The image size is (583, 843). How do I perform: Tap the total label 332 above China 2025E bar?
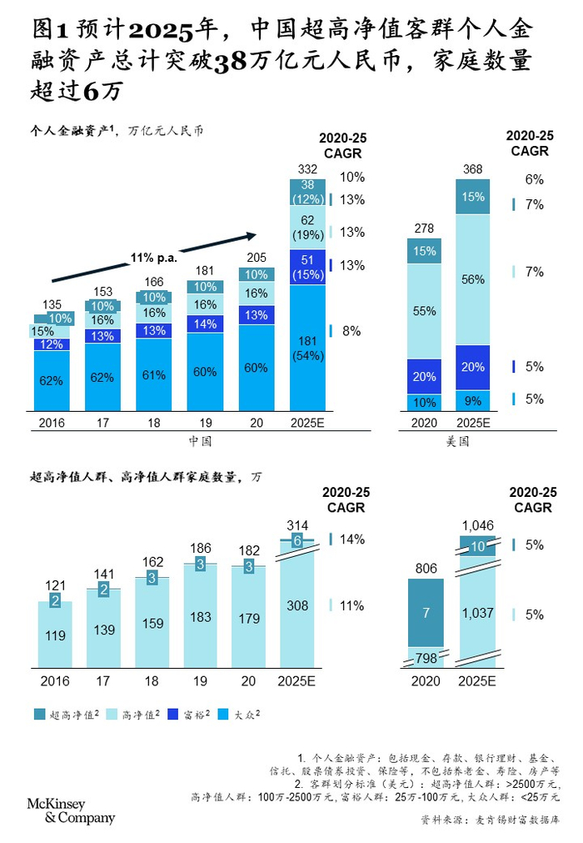coord(306,170)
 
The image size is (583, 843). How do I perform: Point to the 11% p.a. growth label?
coord(152,258)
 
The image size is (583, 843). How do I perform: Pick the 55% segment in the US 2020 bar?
coord(425,310)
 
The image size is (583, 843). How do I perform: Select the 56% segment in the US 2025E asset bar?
coord(472,279)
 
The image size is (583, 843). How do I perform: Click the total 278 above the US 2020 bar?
coord(425,228)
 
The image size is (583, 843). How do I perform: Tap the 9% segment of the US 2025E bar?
coord(472,400)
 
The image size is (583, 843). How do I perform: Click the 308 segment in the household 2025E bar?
coord(297,606)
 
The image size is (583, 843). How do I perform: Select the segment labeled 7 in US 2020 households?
coord(425,613)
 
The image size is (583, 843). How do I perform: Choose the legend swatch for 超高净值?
coord(40,714)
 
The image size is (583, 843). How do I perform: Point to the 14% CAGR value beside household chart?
coord(351,539)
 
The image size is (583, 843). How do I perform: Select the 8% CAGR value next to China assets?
coord(351,331)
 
